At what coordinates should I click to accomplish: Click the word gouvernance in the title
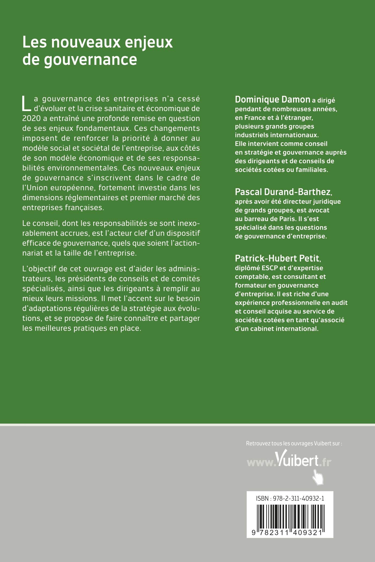pyautogui.click(x=90, y=60)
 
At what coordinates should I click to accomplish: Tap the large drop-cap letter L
pyautogui.click(x=26, y=103)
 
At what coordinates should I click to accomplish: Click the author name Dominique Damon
pyautogui.click(x=272, y=100)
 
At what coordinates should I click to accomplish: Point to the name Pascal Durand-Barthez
pyautogui.click(x=283, y=192)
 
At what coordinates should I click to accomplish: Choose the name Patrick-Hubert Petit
pyautogui.click(x=277, y=258)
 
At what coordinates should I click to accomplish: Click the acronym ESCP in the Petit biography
pyautogui.click(x=269, y=268)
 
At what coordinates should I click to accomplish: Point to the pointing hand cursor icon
pyautogui.click(x=318, y=477)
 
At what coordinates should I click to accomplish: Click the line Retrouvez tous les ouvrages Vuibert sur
pyautogui.click(x=294, y=443)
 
